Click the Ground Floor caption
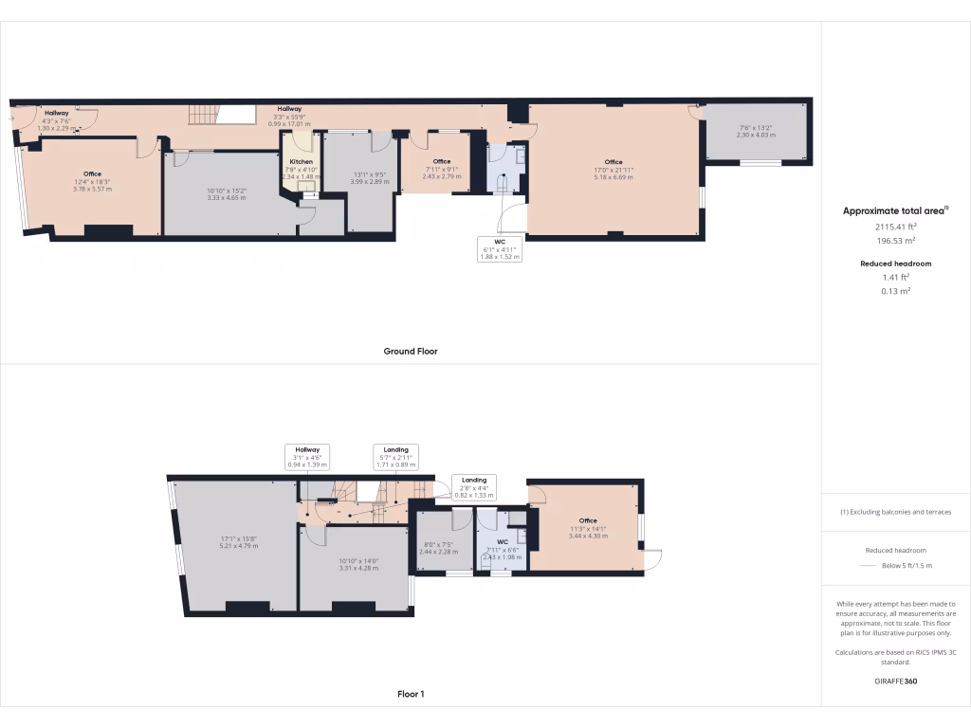[x=410, y=352]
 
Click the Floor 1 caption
[x=410, y=695]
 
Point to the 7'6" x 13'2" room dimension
[x=757, y=131]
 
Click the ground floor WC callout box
[x=500, y=248]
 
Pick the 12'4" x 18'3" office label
[x=92, y=181]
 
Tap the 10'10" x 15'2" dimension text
[x=226, y=193]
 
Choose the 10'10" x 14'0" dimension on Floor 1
[x=358, y=564]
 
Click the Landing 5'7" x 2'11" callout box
[x=396, y=455]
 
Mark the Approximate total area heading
[x=895, y=211]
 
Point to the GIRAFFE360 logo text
[x=895, y=681]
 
